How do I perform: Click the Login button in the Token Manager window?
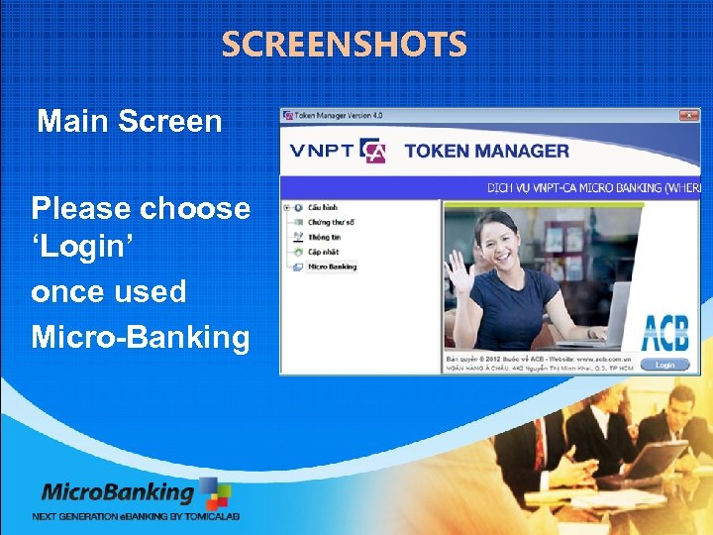(664, 365)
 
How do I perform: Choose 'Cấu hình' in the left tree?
(322, 207)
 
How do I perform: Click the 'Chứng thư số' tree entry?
(330, 222)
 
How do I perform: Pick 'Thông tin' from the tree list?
(324, 237)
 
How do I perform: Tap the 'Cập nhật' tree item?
(323, 252)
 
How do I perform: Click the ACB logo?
(665, 332)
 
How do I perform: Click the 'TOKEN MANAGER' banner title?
(486, 152)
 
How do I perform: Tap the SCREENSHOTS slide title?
(344, 45)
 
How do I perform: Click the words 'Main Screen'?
(129, 122)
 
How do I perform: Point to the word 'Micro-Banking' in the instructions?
(141, 337)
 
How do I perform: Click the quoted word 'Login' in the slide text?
(76, 251)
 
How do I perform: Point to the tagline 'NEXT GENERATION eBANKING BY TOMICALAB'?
(136, 516)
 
